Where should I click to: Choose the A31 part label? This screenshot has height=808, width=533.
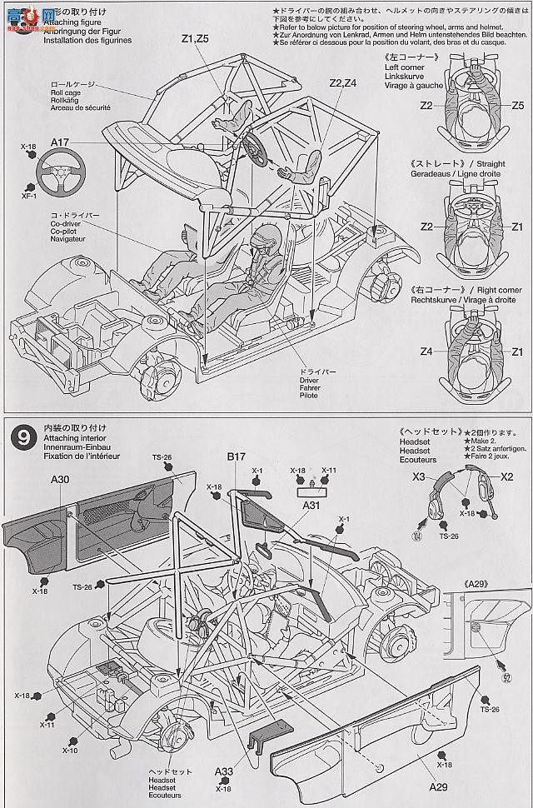311,505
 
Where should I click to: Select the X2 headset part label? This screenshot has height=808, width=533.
506,476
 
